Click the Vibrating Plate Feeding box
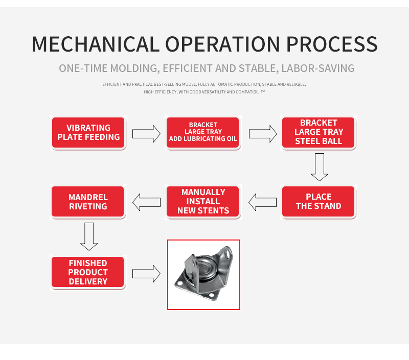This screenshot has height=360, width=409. click(88, 133)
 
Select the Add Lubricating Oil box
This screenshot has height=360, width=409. click(202, 133)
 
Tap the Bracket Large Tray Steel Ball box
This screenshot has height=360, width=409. click(318, 133)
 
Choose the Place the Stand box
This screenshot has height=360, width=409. click(318, 201)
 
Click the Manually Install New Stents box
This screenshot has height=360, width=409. click(202, 201)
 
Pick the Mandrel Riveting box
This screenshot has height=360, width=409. click(88, 201)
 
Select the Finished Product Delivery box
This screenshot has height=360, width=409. click(88, 272)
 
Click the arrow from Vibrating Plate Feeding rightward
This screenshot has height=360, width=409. click(146, 134)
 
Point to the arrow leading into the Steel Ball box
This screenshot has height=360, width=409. click(263, 134)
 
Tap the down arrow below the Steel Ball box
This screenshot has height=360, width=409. click(320, 167)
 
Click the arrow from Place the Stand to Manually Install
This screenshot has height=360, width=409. click(262, 202)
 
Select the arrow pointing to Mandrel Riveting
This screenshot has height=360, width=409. click(146, 202)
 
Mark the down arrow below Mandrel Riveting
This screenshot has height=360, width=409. click(89, 236)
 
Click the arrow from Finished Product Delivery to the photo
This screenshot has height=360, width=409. click(146, 274)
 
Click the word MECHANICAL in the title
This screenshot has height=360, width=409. click(96, 44)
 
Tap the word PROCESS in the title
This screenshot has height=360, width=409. click(332, 44)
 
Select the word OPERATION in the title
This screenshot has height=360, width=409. click(223, 44)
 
